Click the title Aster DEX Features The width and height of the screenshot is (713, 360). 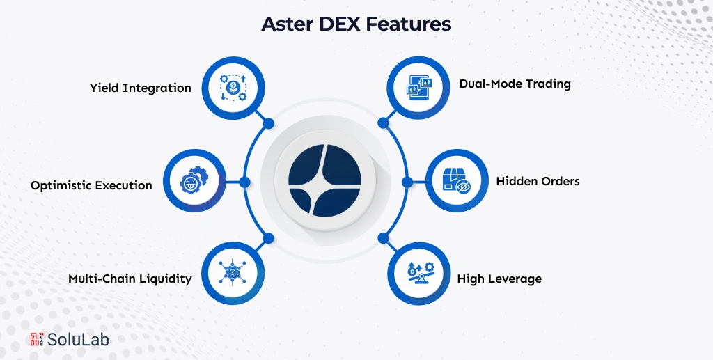point(356,24)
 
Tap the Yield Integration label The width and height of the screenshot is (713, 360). point(140,88)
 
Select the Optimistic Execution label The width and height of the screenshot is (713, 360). point(91,185)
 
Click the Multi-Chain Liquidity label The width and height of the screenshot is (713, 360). point(130,279)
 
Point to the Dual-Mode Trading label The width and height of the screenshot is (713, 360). point(515,84)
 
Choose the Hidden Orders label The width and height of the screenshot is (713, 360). point(538,181)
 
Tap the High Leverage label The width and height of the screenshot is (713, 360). point(499,279)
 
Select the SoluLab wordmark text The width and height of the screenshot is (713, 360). point(78,339)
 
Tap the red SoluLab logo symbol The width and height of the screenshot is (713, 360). point(37,339)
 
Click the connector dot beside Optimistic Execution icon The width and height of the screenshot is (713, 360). point(244,182)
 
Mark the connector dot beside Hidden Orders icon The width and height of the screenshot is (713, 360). point(407,182)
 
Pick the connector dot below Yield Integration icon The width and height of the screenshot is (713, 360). point(268,123)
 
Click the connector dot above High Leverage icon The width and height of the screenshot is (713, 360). point(382,238)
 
